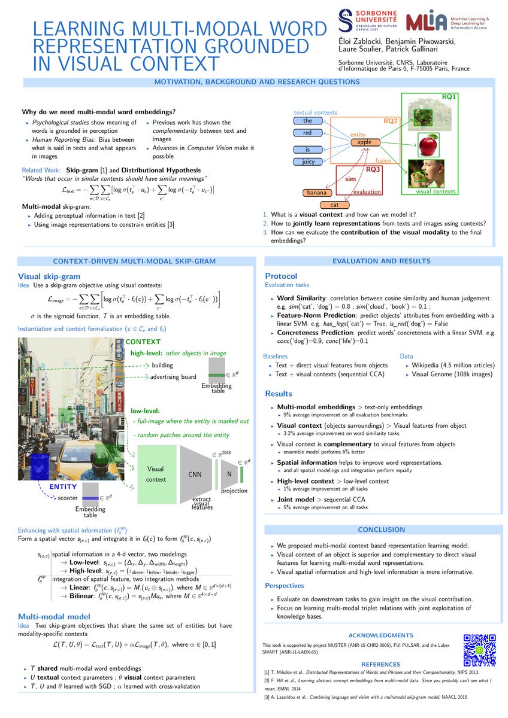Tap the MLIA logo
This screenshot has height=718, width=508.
pos(426,21)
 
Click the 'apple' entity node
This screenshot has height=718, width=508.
pos(364,142)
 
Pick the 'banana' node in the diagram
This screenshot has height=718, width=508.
pos(317,193)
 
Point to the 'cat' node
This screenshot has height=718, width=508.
pos(334,205)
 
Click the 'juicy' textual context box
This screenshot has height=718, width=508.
pos(307,162)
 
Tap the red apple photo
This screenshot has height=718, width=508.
pos(428,144)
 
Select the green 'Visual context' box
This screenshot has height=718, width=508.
pos(156,474)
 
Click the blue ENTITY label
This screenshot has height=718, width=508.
pos(63,487)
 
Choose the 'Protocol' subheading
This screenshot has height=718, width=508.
pos(281,276)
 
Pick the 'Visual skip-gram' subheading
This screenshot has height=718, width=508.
pos(49,276)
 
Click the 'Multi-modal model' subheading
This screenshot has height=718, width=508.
pos(54,616)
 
